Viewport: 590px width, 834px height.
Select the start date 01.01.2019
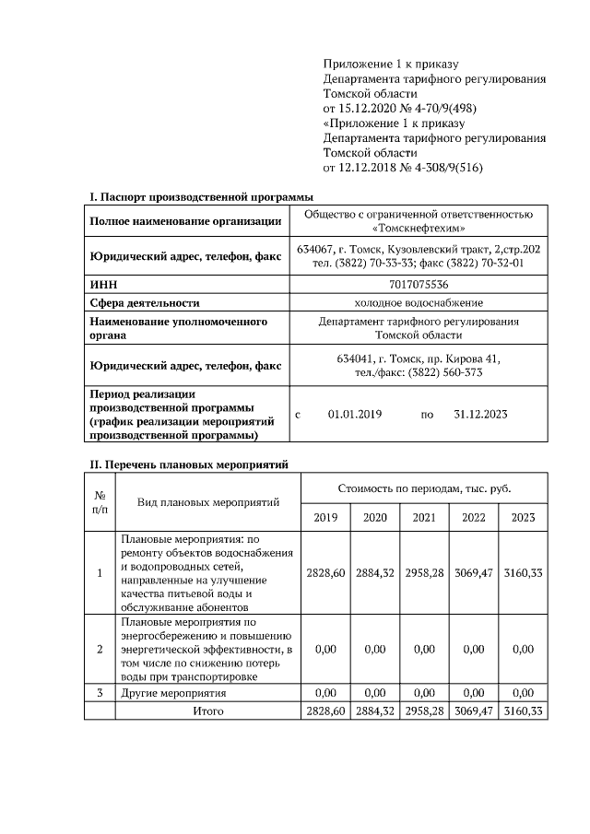point(355,415)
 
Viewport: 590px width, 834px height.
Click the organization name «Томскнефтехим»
point(419,228)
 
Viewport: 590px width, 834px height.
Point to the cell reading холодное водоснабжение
point(419,302)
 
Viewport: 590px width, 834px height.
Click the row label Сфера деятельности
point(145,302)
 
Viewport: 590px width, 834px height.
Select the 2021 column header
point(424,518)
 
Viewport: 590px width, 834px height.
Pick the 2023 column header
point(523,518)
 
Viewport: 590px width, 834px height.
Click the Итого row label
point(207,711)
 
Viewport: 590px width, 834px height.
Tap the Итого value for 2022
point(474,711)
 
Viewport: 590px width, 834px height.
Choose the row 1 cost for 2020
point(375,572)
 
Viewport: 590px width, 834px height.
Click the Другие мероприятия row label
point(174,692)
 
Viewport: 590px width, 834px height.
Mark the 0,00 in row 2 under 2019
point(325,650)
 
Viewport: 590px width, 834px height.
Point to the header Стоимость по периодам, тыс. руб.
point(424,487)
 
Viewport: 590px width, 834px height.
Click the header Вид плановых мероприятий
point(207,502)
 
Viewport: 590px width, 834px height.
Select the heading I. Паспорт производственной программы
point(201,197)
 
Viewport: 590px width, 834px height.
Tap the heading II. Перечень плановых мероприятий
point(189,465)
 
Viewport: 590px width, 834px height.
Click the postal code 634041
point(360,358)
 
